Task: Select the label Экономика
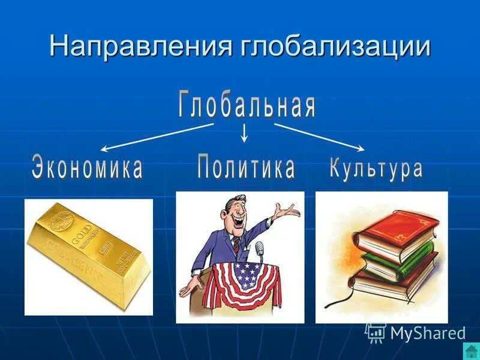click(88, 167)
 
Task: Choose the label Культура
click(376, 167)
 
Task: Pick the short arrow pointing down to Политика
click(244, 133)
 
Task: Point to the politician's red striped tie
click(236, 245)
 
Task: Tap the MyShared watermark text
click(427, 333)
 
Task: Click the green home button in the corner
click(471, 352)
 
